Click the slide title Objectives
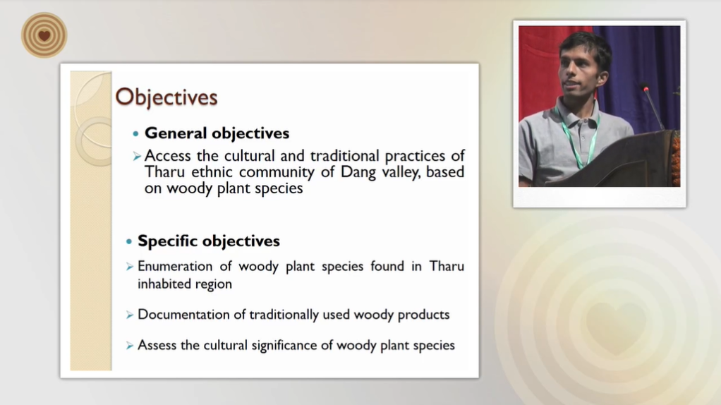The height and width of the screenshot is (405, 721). click(x=166, y=97)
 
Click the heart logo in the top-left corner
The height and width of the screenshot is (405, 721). click(x=44, y=35)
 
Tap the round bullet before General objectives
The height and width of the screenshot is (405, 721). click(x=135, y=134)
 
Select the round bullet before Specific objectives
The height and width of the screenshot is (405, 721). click(x=128, y=241)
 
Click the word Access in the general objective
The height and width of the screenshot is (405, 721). click(x=167, y=156)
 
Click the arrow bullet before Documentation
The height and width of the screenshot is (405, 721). click(x=130, y=315)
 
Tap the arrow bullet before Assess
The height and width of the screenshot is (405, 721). click(x=130, y=346)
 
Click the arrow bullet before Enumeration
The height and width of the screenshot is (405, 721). click(x=130, y=267)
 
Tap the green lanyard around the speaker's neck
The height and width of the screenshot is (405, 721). click(x=577, y=137)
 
